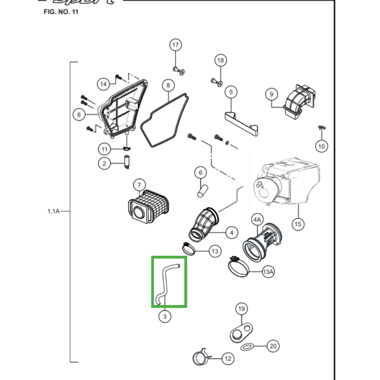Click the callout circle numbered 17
point(176,46)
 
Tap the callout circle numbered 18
point(220,61)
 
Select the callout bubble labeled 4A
point(257,220)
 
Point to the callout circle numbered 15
point(298,224)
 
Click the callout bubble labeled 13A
point(268,272)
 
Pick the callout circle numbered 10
point(322,146)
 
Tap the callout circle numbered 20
point(273,346)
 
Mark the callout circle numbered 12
point(228,359)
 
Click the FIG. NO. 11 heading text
point(60,12)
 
